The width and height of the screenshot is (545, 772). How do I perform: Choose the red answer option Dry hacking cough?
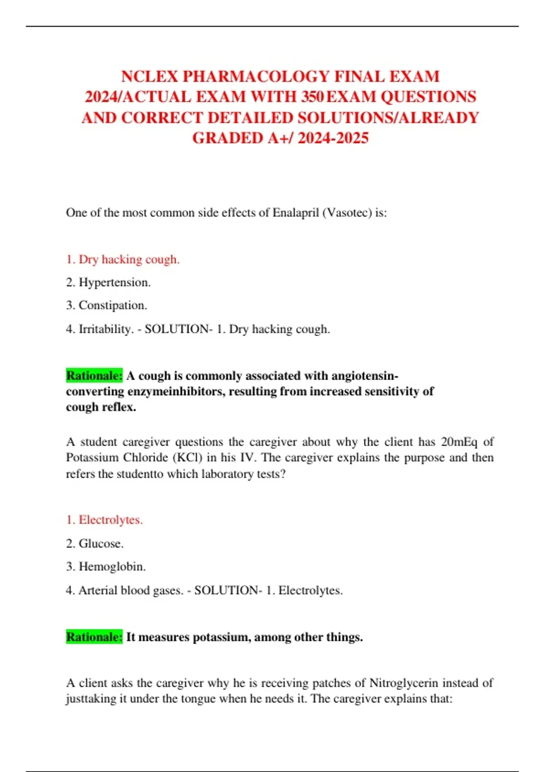[x=123, y=259]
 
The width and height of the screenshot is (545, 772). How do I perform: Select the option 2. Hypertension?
[x=108, y=282]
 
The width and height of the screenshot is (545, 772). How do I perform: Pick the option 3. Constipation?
[x=106, y=305]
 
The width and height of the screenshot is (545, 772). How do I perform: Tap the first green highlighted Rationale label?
[x=94, y=376]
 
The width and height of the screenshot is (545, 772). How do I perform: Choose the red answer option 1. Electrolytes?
[x=104, y=520]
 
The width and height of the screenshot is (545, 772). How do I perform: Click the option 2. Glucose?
[x=95, y=544]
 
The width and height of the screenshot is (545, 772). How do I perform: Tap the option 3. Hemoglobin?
[x=106, y=567]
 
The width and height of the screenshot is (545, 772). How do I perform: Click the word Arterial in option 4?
[x=98, y=590]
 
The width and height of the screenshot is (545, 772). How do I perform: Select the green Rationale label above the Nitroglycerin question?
[x=94, y=637]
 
